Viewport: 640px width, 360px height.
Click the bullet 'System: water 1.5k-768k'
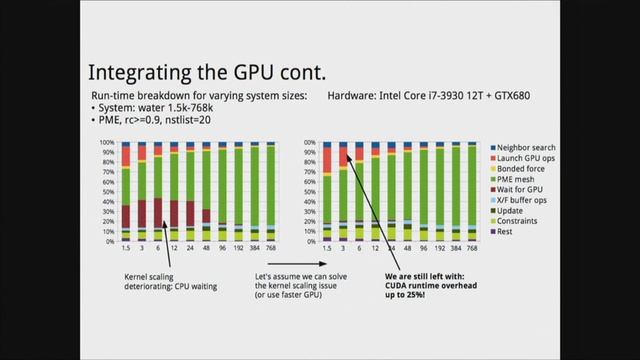[151, 107]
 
